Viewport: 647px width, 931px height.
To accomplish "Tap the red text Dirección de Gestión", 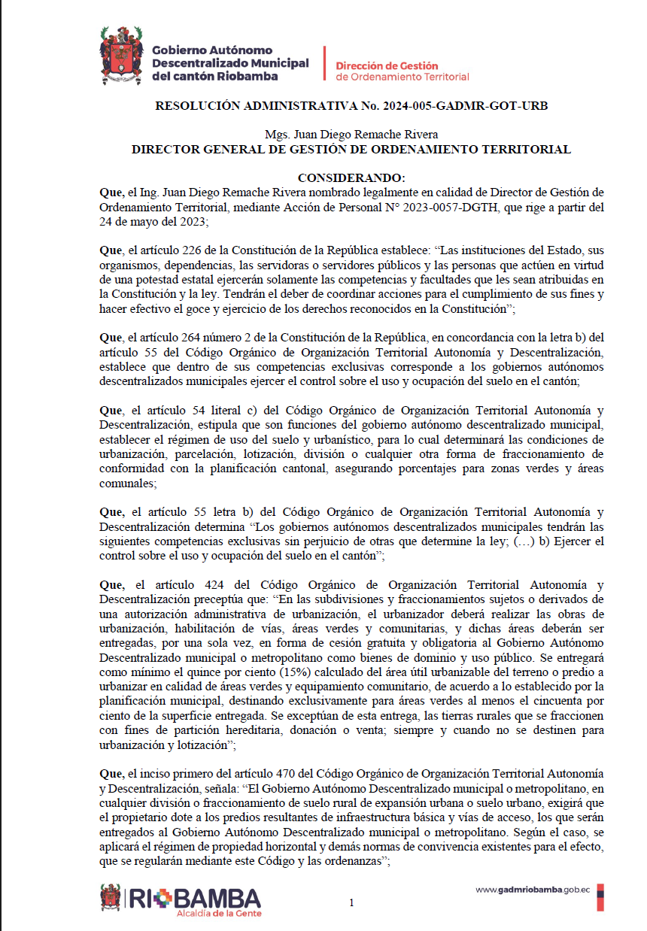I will click(387, 66).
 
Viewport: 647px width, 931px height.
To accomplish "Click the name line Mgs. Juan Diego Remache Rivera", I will click(351, 135).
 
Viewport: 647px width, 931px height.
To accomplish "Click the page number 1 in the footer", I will click(351, 903).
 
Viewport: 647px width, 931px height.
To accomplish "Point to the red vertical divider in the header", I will click(323, 63).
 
